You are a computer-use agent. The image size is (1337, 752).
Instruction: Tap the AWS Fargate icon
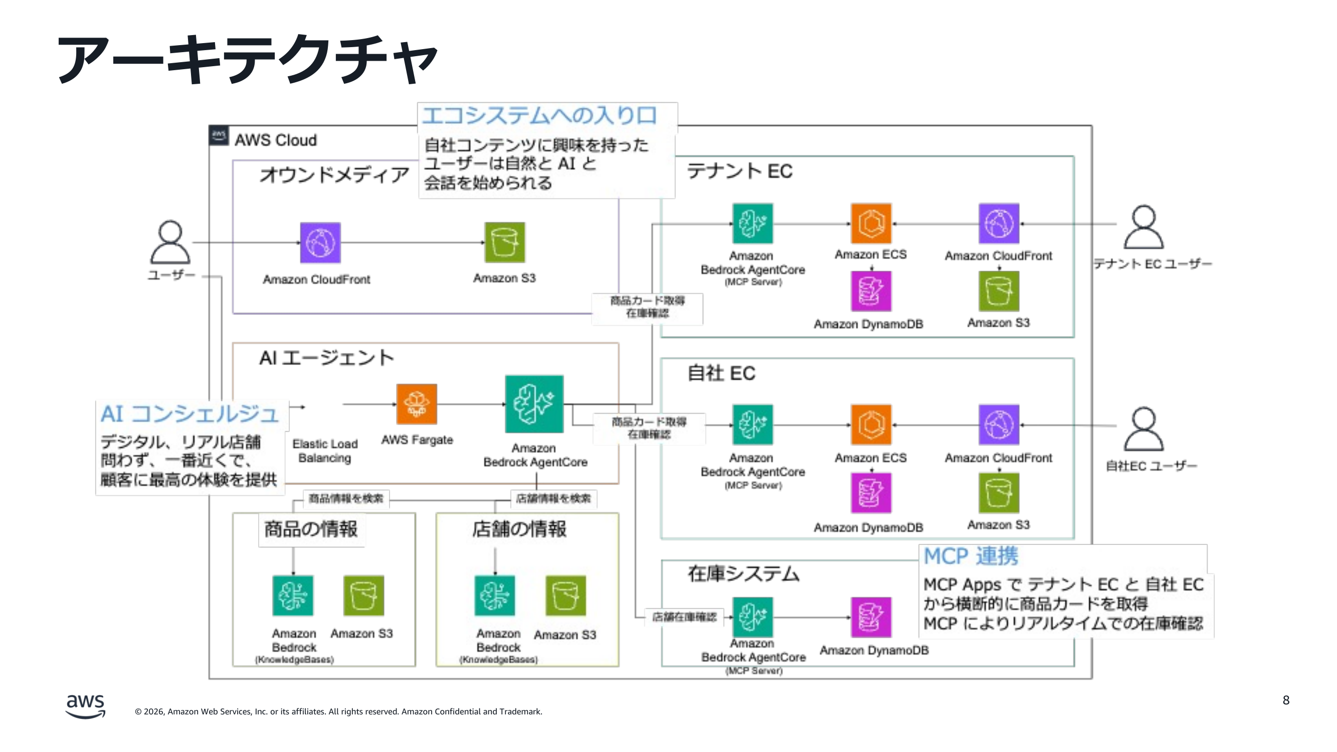point(416,404)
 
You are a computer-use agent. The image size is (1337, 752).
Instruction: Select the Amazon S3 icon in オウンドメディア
point(504,242)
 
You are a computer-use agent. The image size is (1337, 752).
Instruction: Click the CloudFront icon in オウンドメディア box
point(320,242)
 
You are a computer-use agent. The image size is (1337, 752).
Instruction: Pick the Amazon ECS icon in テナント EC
point(871,224)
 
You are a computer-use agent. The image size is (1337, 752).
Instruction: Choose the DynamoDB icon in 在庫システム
point(871,617)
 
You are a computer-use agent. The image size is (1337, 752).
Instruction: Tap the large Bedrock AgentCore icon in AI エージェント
point(534,404)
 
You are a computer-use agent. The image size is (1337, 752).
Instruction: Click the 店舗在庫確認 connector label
point(684,617)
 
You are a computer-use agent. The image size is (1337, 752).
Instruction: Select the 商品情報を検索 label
point(346,499)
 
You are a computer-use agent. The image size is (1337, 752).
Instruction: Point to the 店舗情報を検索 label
point(553,499)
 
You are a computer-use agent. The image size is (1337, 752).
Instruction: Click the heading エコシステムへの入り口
point(540,115)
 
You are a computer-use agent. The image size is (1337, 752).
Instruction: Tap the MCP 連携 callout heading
point(971,556)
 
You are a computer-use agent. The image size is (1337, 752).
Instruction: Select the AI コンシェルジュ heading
point(189,414)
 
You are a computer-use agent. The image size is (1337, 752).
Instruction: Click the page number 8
point(1286,700)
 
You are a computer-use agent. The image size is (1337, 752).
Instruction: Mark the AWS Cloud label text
point(275,140)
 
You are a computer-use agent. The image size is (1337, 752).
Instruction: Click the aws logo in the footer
point(85,706)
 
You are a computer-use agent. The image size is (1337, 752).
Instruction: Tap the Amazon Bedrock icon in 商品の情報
point(293,595)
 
